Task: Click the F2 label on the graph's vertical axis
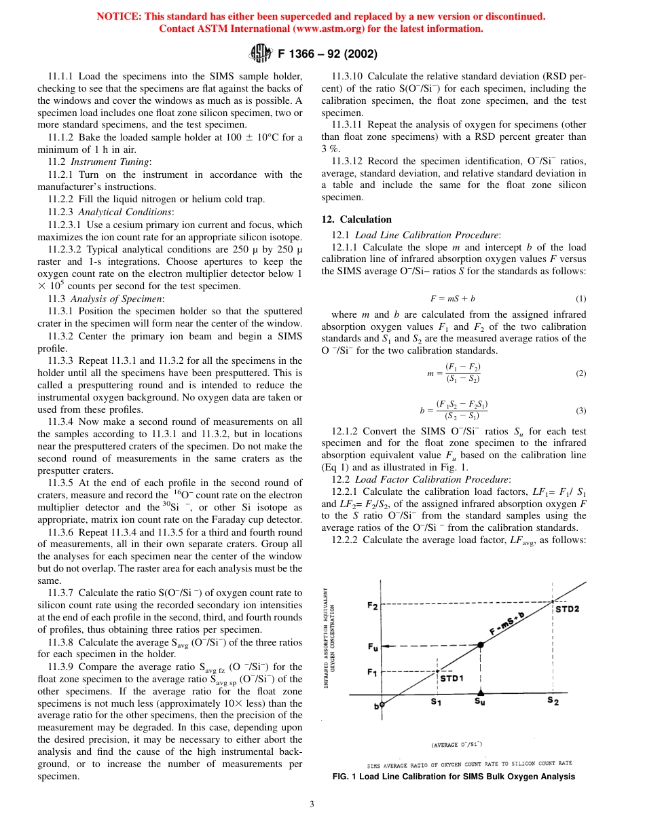pos(373,606)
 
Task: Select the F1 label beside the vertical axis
pos(372,672)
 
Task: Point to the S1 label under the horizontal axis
pos(436,703)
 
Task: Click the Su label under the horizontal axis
pos(480,703)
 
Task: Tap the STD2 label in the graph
pos(568,609)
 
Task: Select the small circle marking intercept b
pos(382,705)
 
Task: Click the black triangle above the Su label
pos(480,692)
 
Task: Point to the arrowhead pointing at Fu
pos(387,645)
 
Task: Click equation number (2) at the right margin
pos(580,373)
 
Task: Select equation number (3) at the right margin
pos(580,410)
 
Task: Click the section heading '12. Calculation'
pos(356,219)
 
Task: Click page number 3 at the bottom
pos(312,804)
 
